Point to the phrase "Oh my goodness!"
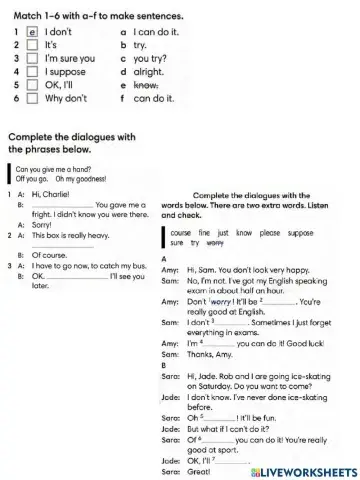(72, 177)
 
